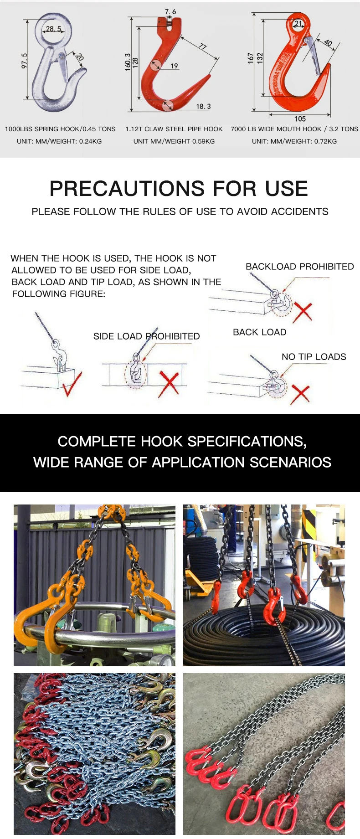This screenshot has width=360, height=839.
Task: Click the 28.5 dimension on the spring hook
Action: pyautogui.click(x=53, y=29)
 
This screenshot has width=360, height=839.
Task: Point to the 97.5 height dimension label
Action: pyautogui.click(x=25, y=61)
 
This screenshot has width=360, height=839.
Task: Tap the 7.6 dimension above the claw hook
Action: pyautogui.click(x=170, y=11)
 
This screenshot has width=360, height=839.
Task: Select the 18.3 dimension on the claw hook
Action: pyautogui.click(x=203, y=106)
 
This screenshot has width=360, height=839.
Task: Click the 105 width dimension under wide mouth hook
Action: pyautogui.click(x=300, y=118)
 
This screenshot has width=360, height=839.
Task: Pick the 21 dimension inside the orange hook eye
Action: pyautogui.click(x=298, y=24)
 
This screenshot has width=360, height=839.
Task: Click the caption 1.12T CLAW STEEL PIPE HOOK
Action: pyautogui.click(x=174, y=129)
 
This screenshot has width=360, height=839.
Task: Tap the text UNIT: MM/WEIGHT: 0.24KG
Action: pyautogui.click(x=59, y=141)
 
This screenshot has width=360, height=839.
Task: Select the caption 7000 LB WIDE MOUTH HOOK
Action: pyautogui.click(x=276, y=129)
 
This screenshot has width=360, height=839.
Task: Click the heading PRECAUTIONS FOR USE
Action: pyautogui.click(x=179, y=189)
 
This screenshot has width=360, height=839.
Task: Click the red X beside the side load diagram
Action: pyautogui.click(x=169, y=383)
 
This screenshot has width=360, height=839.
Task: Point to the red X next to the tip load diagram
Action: pyautogui.click(x=300, y=393)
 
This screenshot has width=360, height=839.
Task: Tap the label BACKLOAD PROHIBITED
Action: pyautogui.click(x=299, y=267)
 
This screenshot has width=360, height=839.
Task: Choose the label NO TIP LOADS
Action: pyautogui.click(x=314, y=357)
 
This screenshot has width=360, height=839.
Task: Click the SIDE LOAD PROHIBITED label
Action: pyautogui.click(x=146, y=336)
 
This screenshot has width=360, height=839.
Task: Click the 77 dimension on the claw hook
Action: pyautogui.click(x=202, y=47)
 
